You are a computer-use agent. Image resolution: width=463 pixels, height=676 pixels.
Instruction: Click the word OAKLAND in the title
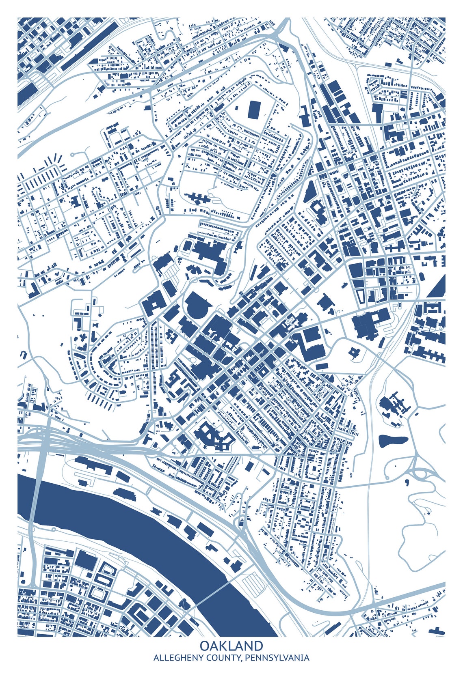click(x=231, y=646)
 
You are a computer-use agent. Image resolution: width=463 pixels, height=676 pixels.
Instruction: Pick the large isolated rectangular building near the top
click(x=254, y=110)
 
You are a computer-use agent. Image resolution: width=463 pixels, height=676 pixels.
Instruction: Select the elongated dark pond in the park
click(x=393, y=440)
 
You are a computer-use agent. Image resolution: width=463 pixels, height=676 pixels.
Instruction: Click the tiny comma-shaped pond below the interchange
click(x=407, y=482)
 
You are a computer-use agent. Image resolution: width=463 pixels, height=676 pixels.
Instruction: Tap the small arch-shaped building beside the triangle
click(x=422, y=277)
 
